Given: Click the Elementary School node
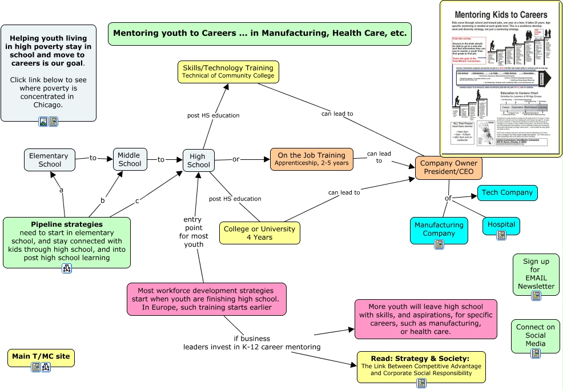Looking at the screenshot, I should coord(49,160).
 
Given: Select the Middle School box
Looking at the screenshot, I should coord(130,159).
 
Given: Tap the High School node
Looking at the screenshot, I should coord(198,160).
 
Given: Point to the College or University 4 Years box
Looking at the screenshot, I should coord(259,232).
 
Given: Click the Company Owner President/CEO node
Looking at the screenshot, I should coord(448,167).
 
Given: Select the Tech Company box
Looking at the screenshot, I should coord(508,192).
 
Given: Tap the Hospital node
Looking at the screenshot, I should coord(501,224).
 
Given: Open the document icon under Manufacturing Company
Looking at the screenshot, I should coord(439,244).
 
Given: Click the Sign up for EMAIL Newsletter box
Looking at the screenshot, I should coord(536,274).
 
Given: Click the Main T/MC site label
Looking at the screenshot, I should coord(41,356).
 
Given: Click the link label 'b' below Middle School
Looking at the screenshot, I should coord(103,200).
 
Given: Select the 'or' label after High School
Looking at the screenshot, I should coord(235,159).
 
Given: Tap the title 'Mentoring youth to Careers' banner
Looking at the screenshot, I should coord(260,33).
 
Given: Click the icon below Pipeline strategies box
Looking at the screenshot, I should coord(67,268).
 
